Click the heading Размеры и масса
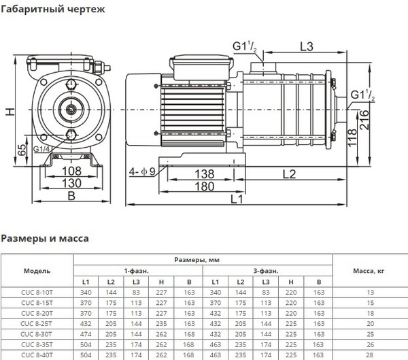(44, 238)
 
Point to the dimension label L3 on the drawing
(307, 46)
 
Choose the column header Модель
(37, 270)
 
